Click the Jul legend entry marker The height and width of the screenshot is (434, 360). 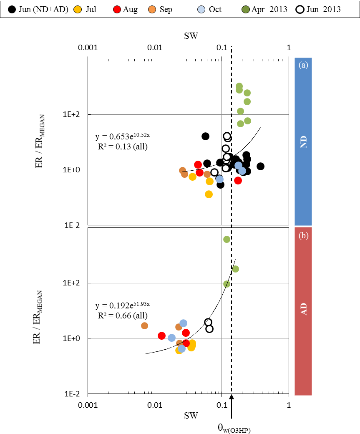coord(78,9)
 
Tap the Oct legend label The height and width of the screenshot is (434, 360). coord(215,9)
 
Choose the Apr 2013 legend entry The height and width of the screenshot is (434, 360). coord(269,9)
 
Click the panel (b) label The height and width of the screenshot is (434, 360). coord(303,236)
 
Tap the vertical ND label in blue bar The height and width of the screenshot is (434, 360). coord(304,141)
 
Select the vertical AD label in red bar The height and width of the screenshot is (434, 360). coord(304,310)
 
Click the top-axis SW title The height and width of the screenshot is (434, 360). coord(191,36)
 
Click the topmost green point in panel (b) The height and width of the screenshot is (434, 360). coord(227,239)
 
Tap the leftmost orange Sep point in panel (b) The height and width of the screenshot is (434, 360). coord(144,325)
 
